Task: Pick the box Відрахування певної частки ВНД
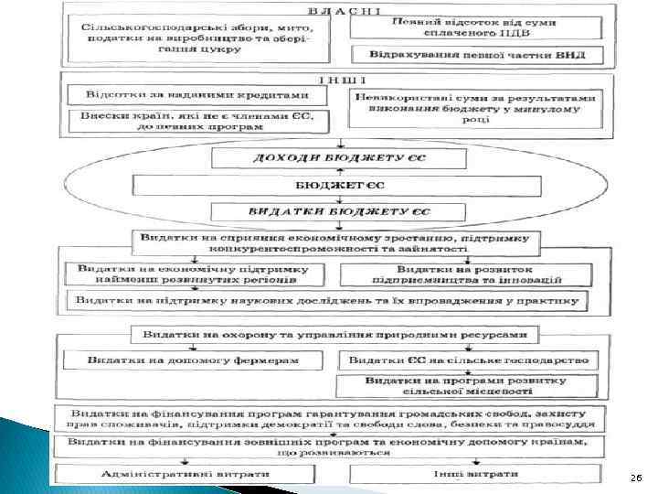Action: click(477, 55)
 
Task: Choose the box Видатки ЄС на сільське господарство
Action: click(469, 361)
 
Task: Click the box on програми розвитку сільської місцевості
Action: click(469, 385)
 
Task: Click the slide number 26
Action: click(635, 478)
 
